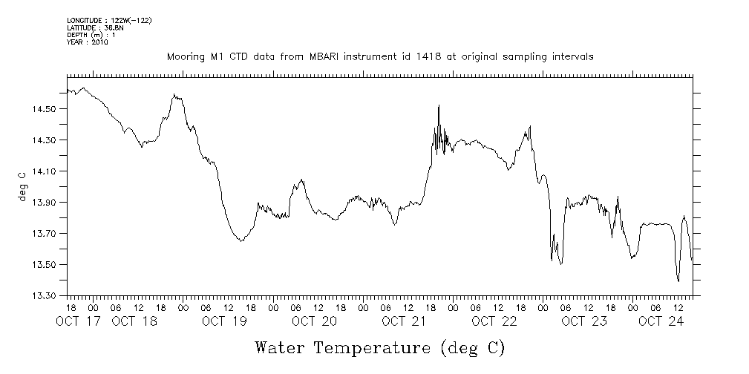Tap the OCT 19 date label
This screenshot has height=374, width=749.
tap(224, 321)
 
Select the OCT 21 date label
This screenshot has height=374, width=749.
tap(404, 321)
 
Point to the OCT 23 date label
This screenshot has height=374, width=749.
tap(584, 321)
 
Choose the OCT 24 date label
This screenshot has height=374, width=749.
tap(661, 321)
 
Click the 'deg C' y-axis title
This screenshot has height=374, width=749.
tap(22, 186)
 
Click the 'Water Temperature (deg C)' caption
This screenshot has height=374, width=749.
tap(380, 347)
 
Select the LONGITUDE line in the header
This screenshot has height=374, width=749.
tap(109, 20)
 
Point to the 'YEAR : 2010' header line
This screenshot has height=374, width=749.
tap(88, 42)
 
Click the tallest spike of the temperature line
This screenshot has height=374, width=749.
tap(439, 105)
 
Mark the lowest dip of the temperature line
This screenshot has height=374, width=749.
tap(678, 281)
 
